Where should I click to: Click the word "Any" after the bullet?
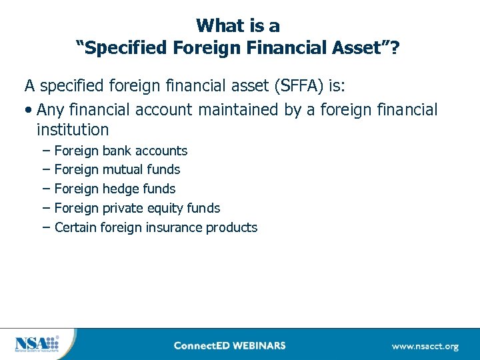point(52,109)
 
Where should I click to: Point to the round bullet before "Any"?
point(30,110)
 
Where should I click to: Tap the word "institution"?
point(73,129)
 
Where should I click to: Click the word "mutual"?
point(123,169)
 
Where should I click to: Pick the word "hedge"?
point(121,189)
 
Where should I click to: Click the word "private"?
point(123,208)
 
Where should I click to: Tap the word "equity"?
point(163,208)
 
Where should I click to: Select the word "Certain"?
point(75,227)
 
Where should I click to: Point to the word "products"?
point(231,227)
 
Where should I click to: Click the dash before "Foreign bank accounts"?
point(45,151)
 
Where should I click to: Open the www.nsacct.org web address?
point(425,346)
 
